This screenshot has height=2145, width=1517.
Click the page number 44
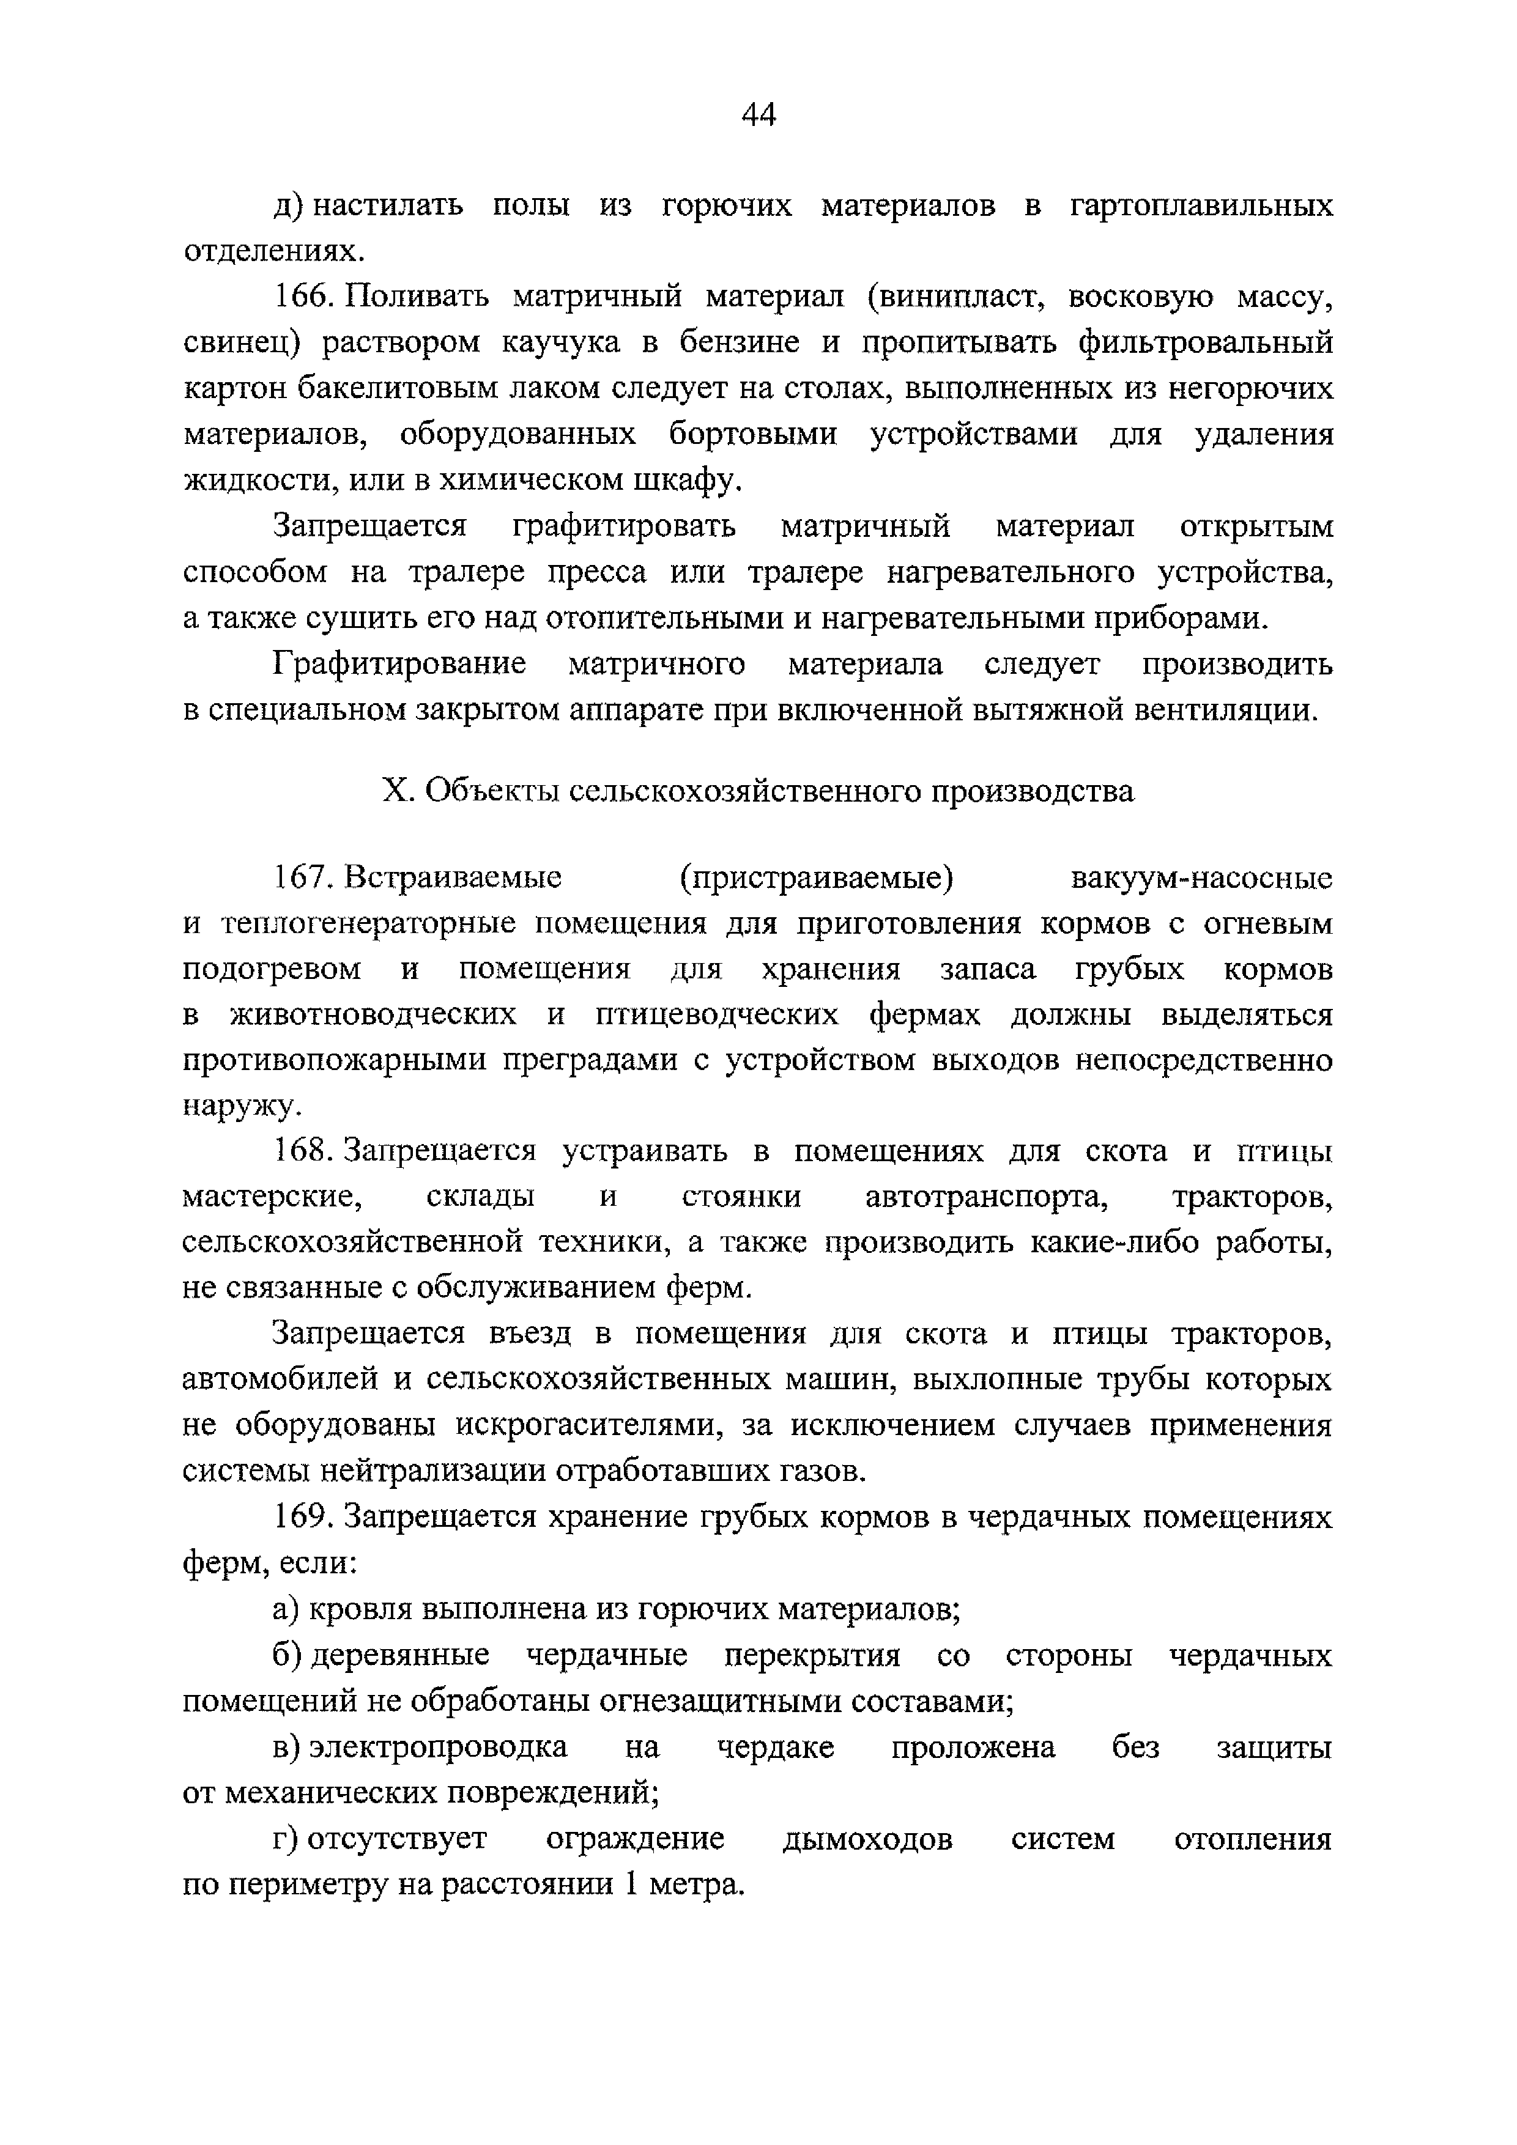pos(758,115)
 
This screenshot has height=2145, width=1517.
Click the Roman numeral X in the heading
pos(396,791)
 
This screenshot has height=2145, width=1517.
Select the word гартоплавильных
pos(1201,205)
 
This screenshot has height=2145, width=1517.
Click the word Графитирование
pos(399,664)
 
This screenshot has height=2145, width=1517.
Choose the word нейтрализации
pos(435,1471)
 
